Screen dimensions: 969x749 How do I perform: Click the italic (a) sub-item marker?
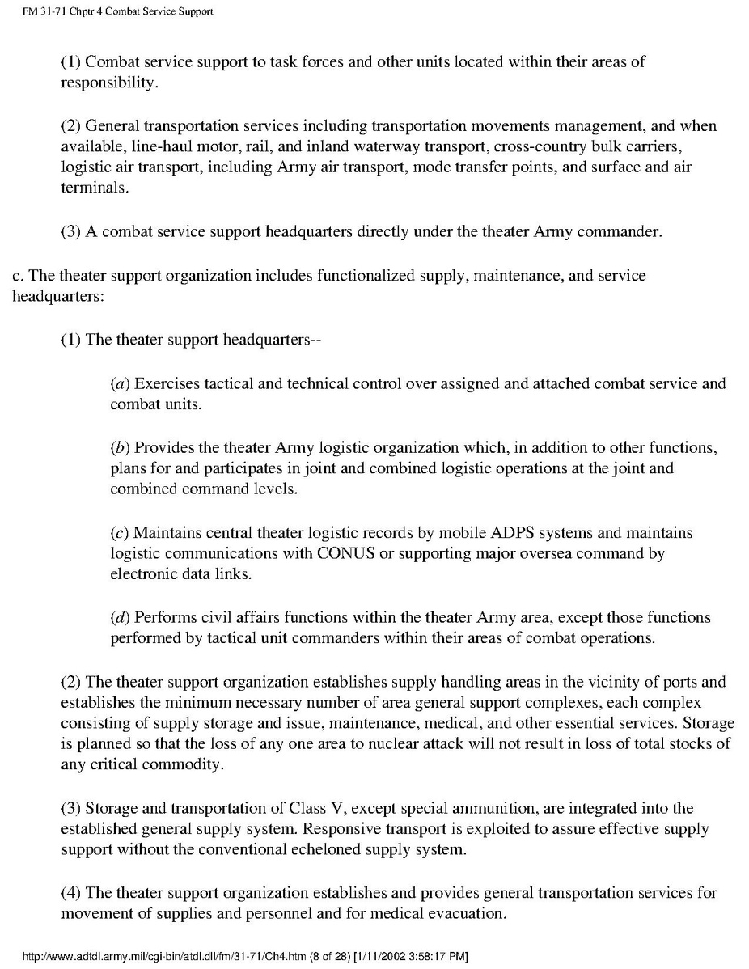point(120,383)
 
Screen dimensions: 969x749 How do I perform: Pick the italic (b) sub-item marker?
point(120,447)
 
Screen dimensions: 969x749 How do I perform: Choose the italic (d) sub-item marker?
point(120,617)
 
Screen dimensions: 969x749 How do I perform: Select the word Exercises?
point(167,383)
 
